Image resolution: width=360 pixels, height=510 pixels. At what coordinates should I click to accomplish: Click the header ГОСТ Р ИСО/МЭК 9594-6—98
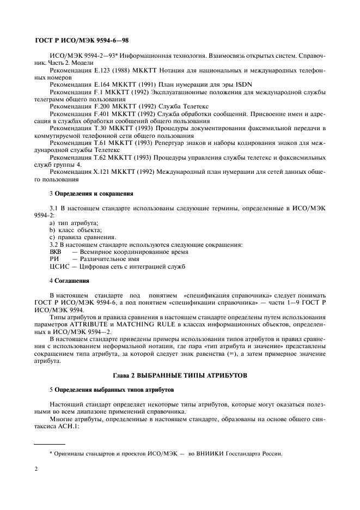point(81,40)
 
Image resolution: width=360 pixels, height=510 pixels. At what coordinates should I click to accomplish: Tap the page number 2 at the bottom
point(36,468)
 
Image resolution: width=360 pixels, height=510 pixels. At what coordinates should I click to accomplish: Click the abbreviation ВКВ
point(56,252)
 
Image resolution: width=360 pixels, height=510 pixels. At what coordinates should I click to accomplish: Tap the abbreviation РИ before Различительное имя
point(54,259)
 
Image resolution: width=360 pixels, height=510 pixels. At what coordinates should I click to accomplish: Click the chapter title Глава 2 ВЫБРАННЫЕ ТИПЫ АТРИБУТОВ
point(180,376)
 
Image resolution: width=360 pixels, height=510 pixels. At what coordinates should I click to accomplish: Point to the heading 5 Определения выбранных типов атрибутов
point(105,390)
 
